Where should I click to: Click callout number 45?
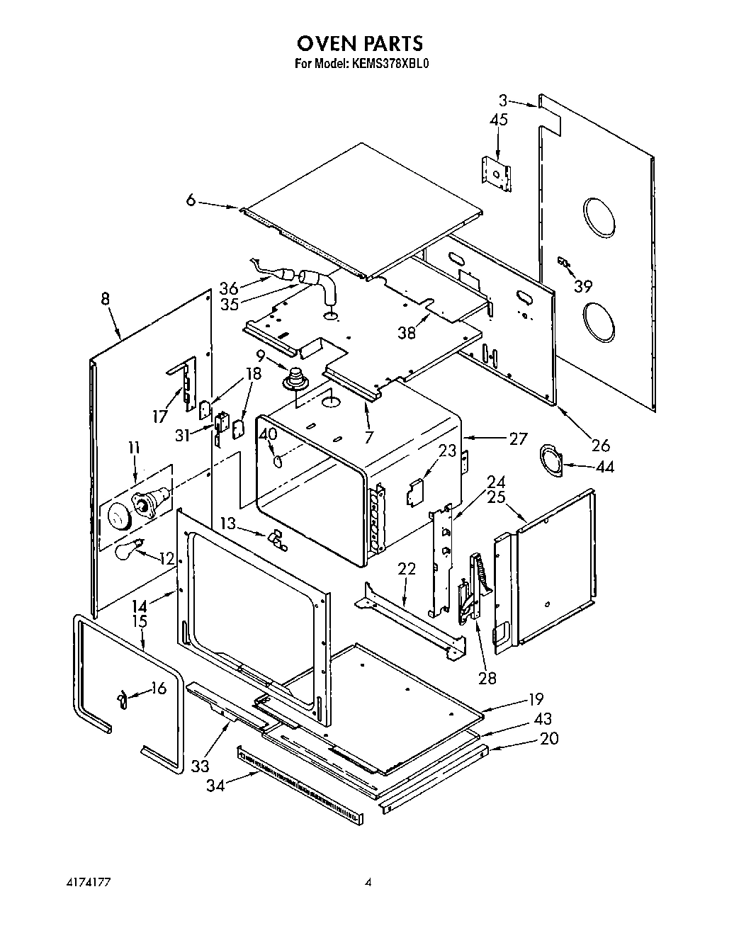click(499, 120)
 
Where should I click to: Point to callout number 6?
click(191, 200)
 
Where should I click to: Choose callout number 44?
click(604, 467)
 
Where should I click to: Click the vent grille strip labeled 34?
click(301, 785)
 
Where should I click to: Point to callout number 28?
click(487, 678)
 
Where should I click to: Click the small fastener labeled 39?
click(564, 263)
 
